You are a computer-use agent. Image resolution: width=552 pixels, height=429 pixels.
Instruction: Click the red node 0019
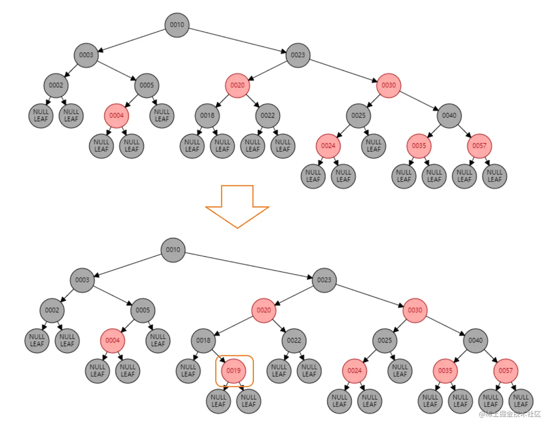coord(233,371)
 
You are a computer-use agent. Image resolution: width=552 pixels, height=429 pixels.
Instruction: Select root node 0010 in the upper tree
coord(177,25)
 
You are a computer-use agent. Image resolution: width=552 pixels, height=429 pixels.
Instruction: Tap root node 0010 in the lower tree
coord(173,250)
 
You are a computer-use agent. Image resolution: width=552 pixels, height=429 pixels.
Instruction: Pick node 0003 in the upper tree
coord(86,55)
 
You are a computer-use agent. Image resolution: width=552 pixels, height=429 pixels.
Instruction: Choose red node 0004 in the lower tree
coord(112,340)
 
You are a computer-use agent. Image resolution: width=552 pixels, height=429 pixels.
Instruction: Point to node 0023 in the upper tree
coord(298,55)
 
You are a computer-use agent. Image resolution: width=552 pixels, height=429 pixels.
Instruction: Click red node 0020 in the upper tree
coord(237,85)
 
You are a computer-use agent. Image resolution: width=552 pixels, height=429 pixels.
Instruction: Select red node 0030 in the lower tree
coord(415,310)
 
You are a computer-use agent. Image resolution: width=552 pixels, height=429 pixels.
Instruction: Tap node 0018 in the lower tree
coord(203,340)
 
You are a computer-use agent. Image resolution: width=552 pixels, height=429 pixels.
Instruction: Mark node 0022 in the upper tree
coord(267,115)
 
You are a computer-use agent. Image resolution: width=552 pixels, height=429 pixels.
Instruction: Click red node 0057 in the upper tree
coord(479,146)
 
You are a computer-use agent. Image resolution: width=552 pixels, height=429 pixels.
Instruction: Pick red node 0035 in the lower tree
coord(445,371)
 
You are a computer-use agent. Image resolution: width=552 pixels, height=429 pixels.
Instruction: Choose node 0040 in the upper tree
coord(449,115)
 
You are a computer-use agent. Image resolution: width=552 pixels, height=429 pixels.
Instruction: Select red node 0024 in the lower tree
coord(354,371)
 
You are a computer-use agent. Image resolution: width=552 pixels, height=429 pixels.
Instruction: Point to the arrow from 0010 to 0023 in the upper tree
coord(237,40)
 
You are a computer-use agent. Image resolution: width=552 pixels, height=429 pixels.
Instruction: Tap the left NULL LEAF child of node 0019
coord(218,401)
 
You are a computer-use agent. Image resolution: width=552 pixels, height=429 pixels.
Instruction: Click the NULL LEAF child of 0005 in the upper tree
coord(162,115)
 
